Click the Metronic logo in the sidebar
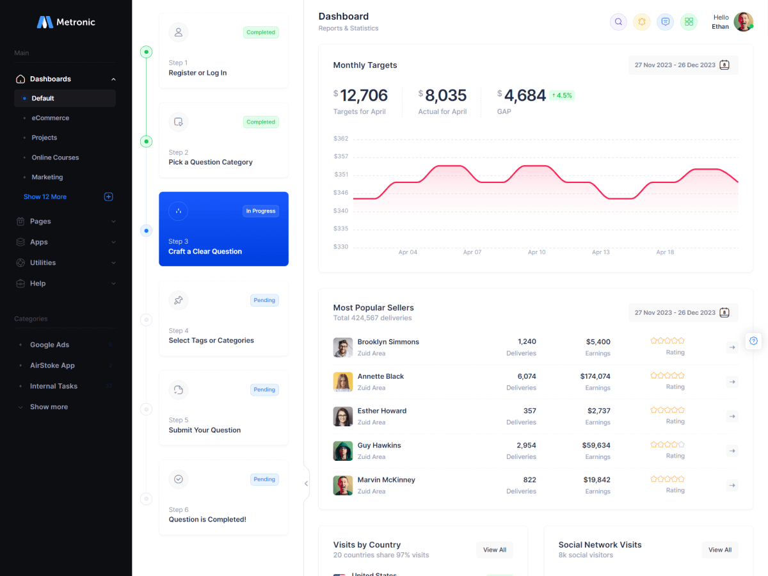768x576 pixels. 66,22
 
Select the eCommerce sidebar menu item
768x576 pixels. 51,118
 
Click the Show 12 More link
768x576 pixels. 45,197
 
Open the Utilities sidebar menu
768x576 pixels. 43,263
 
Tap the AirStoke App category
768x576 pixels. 52,365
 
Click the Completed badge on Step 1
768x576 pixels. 260,33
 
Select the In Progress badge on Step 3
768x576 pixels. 260,211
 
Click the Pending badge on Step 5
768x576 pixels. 264,390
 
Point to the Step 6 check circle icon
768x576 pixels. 179,479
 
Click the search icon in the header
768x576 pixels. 618,22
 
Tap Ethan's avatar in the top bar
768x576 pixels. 743,22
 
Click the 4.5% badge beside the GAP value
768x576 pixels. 561,95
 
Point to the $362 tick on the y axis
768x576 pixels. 341,139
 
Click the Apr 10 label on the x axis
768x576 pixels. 536,252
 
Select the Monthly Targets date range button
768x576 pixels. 682,65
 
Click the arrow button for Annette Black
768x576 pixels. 732,382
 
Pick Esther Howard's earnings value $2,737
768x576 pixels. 598,411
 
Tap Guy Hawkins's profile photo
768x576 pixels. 343,451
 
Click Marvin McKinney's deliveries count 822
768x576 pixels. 529,480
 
